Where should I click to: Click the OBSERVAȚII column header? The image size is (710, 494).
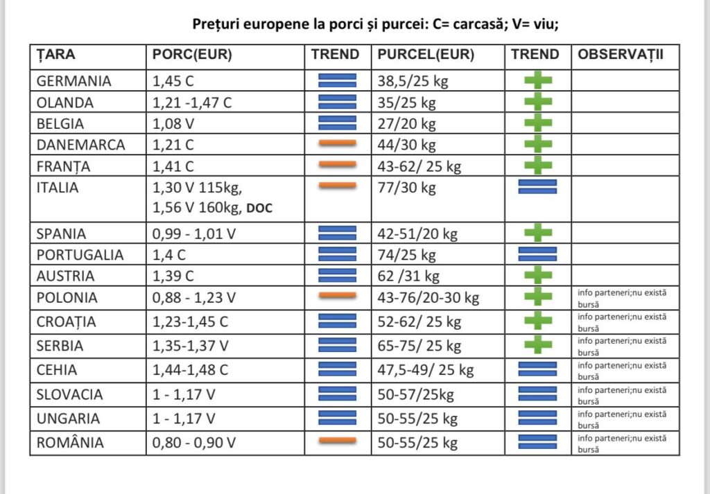pos(621,54)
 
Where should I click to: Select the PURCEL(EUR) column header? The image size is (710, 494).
pos(426,55)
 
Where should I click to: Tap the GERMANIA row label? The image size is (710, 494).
pos(73,81)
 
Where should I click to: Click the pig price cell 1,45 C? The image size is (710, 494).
pos(173,81)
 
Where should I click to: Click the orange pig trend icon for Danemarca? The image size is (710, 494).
pos(338,143)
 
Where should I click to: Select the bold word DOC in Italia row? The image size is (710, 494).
pos(259,208)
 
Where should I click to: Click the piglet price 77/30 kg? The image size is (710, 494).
pos(406,187)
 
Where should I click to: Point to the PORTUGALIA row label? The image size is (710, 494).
pos(80,255)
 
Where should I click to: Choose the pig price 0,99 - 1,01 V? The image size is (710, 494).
pos(194,233)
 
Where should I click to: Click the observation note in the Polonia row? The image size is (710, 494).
pos(622,298)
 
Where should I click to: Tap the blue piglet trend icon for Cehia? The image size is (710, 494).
pos(537,369)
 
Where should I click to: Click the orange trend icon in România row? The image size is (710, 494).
pos(338,440)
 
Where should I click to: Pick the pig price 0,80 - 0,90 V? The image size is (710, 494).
pos(194,443)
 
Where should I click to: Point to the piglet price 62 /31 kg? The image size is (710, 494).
pos(408,276)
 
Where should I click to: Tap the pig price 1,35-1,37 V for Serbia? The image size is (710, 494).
pos(190,346)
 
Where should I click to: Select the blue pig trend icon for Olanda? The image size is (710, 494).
pos(338,102)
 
